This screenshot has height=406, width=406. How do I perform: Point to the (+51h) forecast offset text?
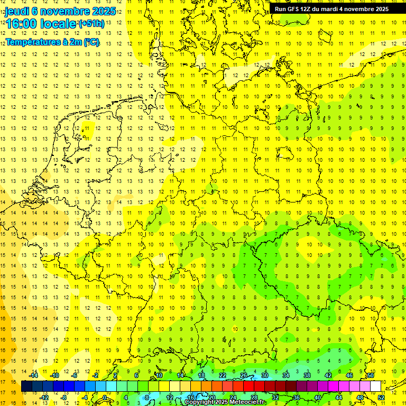(91, 24)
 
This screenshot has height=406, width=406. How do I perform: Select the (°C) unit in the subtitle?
(91, 42)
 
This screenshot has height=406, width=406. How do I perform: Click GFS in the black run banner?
(293, 9)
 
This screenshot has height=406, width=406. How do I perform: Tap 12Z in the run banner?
(309, 9)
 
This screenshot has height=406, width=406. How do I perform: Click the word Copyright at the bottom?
(200, 402)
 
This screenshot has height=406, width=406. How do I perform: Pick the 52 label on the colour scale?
(381, 398)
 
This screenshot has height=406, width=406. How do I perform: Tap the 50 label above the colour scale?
(371, 375)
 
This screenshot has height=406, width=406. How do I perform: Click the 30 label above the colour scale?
(264, 375)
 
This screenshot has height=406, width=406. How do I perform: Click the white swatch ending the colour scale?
(375, 386)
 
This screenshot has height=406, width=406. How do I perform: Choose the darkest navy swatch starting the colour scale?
(26, 386)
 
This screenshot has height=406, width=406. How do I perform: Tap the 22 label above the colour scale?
(222, 375)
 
